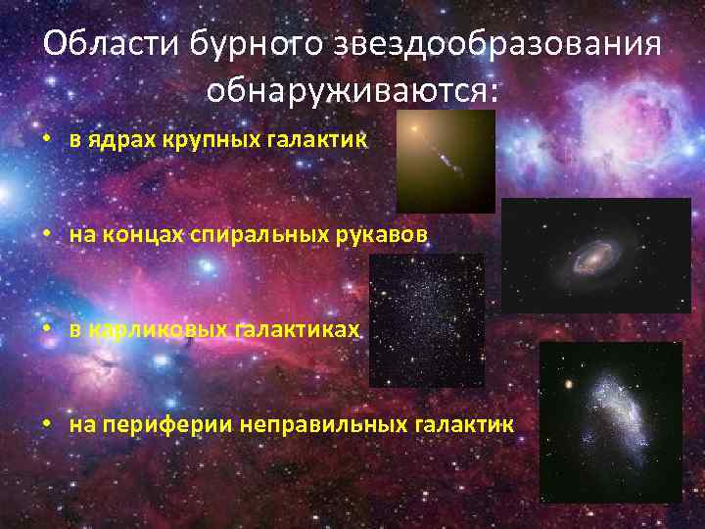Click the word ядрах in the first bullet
115,140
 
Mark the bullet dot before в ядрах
46,140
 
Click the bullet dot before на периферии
46,425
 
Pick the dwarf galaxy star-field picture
426,320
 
